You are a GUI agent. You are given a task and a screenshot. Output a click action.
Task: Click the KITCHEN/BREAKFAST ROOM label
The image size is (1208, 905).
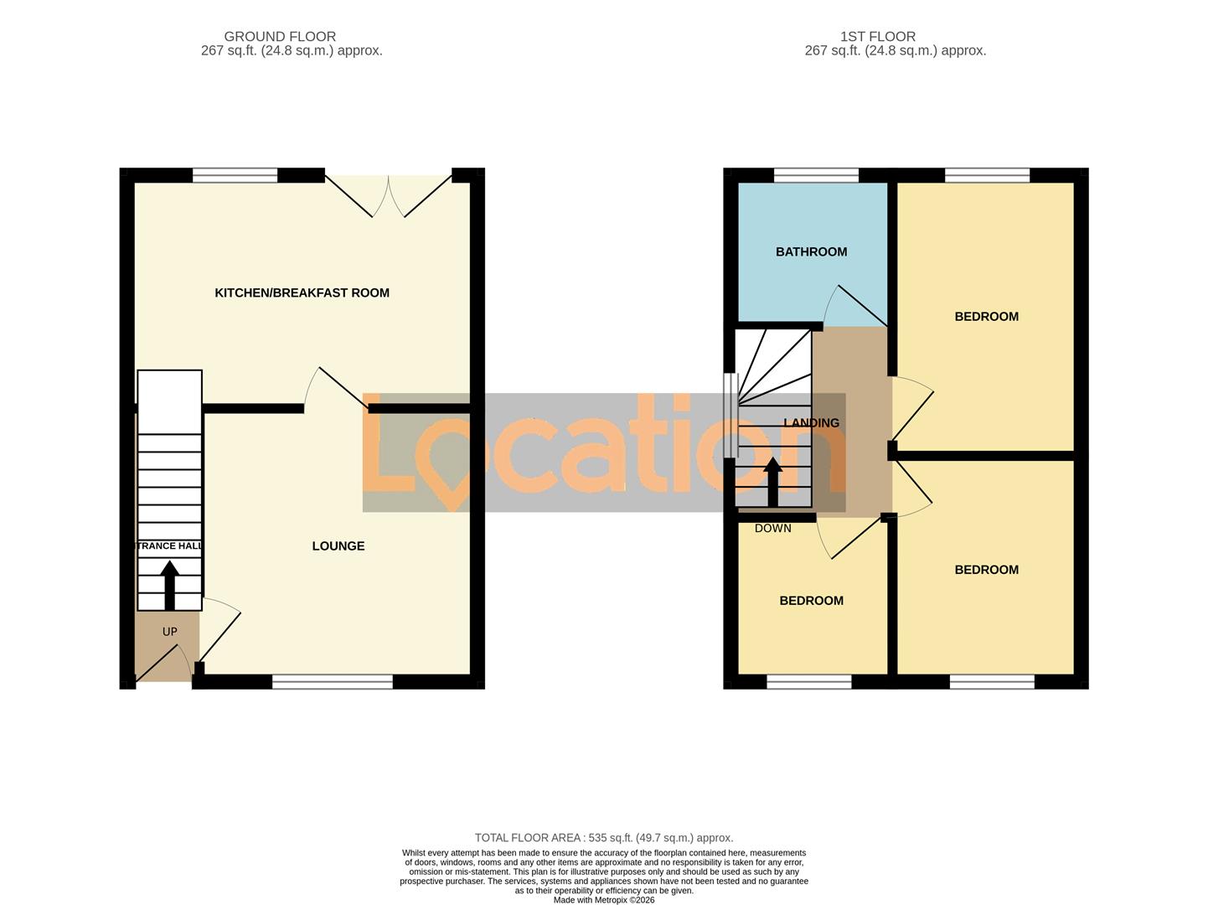tap(302, 292)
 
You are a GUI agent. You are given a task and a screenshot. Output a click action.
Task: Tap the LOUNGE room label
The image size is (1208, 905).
tap(338, 546)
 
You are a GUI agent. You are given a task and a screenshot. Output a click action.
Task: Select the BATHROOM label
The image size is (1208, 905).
tap(811, 251)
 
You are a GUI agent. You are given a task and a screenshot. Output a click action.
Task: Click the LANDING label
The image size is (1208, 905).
tap(811, 423)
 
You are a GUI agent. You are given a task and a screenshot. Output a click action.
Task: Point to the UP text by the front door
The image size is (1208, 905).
tap(169, 632)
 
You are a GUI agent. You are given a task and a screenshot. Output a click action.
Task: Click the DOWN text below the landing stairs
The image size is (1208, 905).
tap(772, 529)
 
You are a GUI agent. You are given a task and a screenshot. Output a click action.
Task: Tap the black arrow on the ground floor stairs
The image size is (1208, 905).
tap(169, 585)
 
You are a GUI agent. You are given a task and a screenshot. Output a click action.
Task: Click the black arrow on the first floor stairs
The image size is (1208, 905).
tap(772, 483)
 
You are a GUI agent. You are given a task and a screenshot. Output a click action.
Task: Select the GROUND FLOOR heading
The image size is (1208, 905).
tap(280, 37)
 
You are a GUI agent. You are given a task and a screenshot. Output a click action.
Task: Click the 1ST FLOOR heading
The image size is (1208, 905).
tap(877, 37)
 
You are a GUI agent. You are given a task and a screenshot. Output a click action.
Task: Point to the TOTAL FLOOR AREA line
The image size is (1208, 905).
tap(603, 837)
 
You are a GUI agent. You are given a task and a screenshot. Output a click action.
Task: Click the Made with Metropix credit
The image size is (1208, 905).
tap(603, 900)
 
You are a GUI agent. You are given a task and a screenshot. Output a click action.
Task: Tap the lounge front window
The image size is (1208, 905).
tap(333, 682)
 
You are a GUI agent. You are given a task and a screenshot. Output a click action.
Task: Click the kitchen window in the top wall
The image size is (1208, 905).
tap(235, 175)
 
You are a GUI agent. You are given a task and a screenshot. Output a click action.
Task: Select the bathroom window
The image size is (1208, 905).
tap(816, 175)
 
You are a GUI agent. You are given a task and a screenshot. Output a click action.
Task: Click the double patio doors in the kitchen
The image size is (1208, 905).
tap(388, 195)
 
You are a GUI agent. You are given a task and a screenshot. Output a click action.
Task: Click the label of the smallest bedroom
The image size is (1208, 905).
tap(811, 601)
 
